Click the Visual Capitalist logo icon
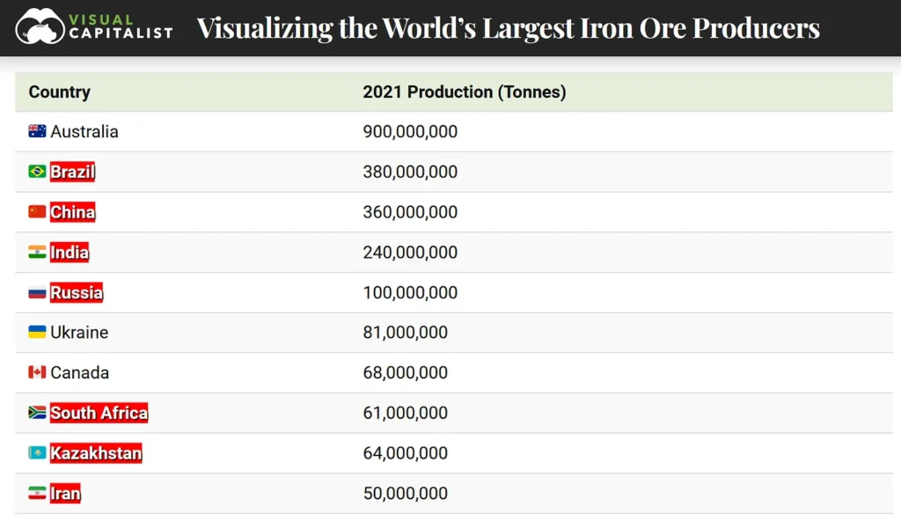40,26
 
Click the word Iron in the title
605,27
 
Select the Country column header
59,92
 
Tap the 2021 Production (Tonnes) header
465,92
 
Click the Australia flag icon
37,131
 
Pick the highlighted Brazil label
72,172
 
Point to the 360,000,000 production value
410,212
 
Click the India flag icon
37,252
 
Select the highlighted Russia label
77,292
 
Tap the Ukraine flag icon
37,332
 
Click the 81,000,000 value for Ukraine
405,333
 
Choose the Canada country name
80,372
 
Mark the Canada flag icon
37,372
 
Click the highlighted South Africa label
99,413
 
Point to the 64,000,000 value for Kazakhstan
405,453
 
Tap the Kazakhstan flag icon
37,452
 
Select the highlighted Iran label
65,494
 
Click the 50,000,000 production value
405,494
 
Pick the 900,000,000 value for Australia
410,132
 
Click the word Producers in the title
756,27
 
